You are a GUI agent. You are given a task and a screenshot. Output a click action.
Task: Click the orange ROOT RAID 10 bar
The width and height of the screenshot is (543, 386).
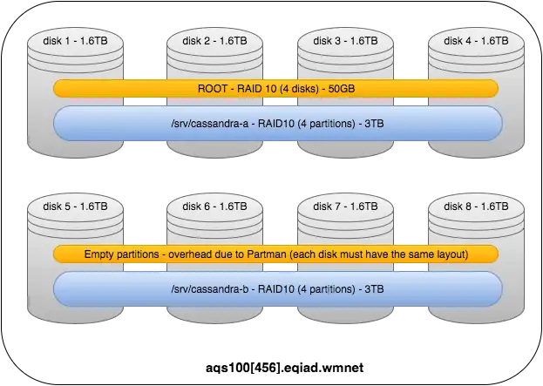pos(275,88)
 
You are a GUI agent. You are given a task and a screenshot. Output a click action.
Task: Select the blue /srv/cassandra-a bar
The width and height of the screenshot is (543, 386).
pos(275,124)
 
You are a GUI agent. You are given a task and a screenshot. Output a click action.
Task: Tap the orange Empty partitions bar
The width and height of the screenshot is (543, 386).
pos(275,254)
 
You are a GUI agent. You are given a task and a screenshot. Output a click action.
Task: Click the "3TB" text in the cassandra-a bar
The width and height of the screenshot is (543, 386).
pos(371,124)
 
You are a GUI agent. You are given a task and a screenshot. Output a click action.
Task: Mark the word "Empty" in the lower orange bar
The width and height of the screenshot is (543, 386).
pos(101,254)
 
